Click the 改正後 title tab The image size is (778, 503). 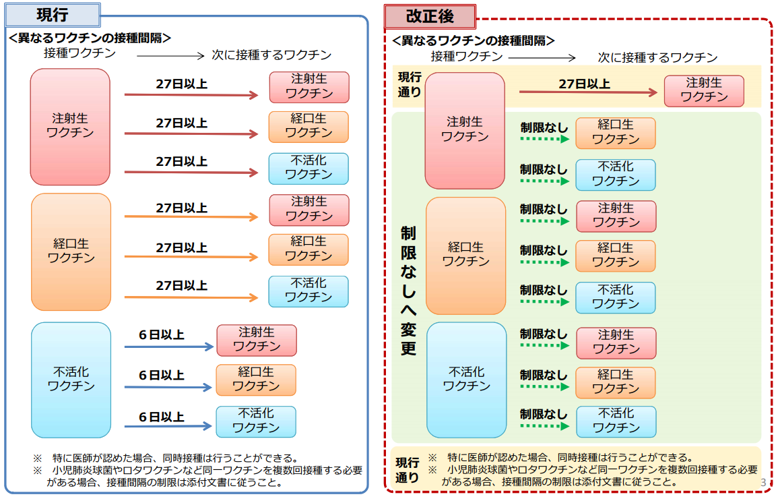tap(430, 16)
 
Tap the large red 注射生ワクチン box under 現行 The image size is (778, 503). tap(70, 126)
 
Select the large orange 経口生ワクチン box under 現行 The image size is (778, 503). tap(70, 251)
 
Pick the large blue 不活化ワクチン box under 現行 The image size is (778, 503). tap(71, 379)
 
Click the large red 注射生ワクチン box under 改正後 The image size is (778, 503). tap(465, 129)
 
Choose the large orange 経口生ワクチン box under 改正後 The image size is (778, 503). tap(465, 255)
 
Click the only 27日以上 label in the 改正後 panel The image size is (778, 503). tap(584, 84)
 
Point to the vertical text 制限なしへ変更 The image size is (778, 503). tap(408, 291)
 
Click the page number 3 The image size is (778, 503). tap(763, 482)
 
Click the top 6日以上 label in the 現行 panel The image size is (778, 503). tap(162, 335)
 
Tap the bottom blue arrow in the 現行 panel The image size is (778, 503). tap(168, 427)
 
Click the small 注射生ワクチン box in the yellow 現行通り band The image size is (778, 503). tap(704, 90)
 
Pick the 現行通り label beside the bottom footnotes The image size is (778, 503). tap(407, 470)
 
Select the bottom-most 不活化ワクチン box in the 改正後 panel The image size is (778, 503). tap(616, 421)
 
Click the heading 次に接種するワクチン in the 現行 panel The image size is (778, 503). tap(271, 55)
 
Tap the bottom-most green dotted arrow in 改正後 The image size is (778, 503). tap(545, 427)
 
